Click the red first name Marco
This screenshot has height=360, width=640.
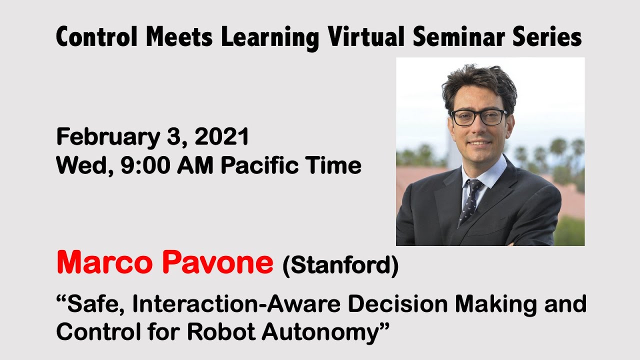pos(102,262)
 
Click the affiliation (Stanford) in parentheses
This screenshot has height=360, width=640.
pos(340,265)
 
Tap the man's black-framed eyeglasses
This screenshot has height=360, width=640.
pos(478,117)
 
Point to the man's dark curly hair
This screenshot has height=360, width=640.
pos(478,83)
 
